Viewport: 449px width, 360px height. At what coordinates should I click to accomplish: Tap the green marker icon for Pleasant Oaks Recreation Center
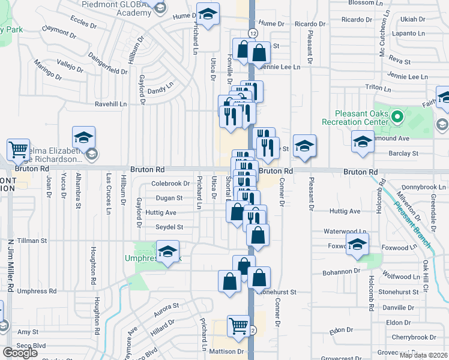tap(397, 116)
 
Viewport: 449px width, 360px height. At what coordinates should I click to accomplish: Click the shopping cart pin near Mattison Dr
tap(239, 326)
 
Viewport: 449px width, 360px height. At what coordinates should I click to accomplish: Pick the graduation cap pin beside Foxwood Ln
tap(357, 245)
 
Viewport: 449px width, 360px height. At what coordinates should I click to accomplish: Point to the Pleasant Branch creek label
tap(412, 219)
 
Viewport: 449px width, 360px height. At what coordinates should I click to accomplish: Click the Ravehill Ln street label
tap(111, 104)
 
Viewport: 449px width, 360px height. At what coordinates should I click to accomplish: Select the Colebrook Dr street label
tap(170, 184)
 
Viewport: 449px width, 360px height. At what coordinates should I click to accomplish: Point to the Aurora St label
tap(167, 309)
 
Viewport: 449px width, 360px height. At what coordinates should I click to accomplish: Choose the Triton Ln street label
tap(378, 88)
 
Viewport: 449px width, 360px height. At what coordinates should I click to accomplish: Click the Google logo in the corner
tap(20, 353)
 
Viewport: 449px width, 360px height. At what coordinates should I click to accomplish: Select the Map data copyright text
tap(424, 355)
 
